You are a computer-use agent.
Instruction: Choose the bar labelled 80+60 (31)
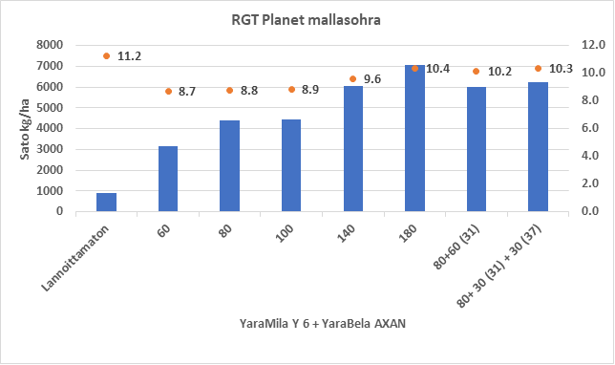tap(476, 149)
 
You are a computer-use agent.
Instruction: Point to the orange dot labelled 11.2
tap(107, 56)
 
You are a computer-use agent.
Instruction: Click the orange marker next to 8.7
tap(168, 91)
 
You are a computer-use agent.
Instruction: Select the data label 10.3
tap(561, 69)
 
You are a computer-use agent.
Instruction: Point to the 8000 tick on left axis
tap(50, 45)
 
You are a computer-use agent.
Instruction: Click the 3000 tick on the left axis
tap(50, 149)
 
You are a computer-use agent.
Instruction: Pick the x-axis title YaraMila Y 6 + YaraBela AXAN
tap(324, 324)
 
